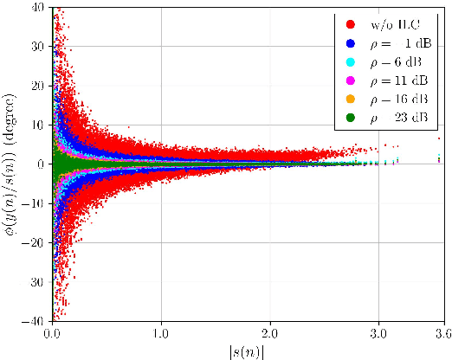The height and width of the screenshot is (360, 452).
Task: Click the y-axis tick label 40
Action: click(39, 7)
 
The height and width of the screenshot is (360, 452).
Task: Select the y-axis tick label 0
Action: click(42, 164)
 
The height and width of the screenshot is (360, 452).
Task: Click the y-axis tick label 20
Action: click(39, 86)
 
